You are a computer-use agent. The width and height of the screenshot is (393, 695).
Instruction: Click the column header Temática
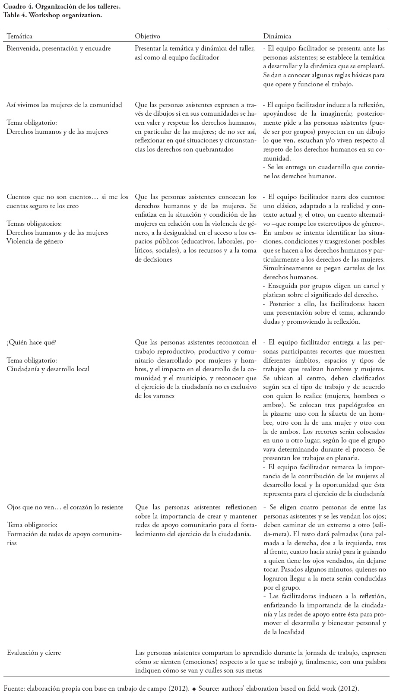tap(19, 36)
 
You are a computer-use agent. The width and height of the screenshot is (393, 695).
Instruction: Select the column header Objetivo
tap(147, 36)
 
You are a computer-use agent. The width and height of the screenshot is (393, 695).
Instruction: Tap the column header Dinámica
tap(277, 36)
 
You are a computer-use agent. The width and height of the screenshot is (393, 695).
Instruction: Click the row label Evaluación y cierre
tap(34, 652)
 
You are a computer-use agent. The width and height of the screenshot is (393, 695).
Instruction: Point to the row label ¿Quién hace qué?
tap(32, 342)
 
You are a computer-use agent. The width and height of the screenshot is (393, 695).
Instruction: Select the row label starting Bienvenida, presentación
tap(58, 48)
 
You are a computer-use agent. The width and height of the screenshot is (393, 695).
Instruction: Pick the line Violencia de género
tap(35, 241)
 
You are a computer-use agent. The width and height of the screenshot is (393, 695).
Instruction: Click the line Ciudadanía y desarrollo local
tap(48, 369)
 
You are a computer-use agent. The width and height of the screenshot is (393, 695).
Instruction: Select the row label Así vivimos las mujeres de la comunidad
tap(64, 104)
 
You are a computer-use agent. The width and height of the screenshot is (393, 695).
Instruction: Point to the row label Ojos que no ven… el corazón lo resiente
tap(65, 507)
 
